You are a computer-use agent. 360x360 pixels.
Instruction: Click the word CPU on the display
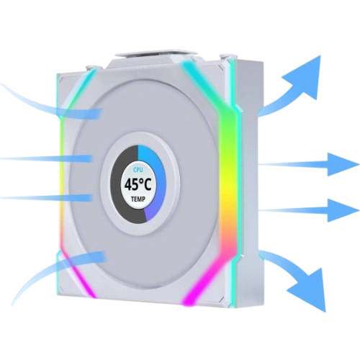click(x=138, y=170)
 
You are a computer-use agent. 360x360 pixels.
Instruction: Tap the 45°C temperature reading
click(x=138, y=184)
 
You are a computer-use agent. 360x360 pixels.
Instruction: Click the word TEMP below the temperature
click(x=138, y=199)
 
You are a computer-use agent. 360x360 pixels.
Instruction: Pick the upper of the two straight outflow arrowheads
click(x=342, y=165)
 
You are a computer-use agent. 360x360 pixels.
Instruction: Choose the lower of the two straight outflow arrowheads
click(x=342, y=210)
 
